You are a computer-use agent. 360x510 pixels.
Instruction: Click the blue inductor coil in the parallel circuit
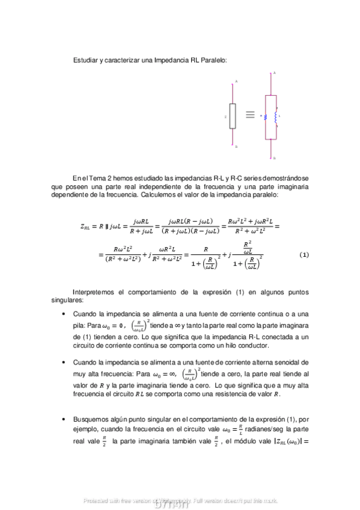coord(276,115)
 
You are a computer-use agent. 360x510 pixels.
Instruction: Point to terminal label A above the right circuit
coord(274,73)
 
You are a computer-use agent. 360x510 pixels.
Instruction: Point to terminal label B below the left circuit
coord(236,146)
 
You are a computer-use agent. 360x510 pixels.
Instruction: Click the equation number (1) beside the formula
coord(304,254)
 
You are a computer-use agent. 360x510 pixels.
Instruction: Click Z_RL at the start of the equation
coord(88,226)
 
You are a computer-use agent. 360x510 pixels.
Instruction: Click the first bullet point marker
coord(64,315)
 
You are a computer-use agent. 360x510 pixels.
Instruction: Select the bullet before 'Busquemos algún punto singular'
coord(64,418)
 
